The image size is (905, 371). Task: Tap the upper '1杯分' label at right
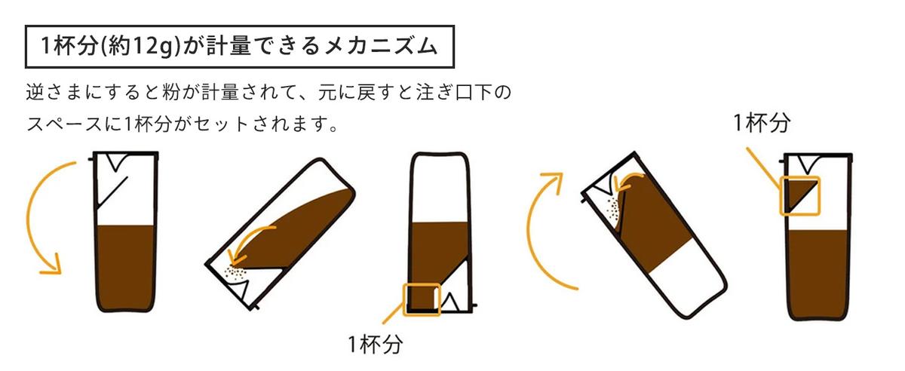[762, 123]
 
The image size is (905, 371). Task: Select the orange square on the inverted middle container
[422, 299]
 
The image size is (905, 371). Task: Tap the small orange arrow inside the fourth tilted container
[627, 182]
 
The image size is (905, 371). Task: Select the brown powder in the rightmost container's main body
[819, 271]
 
